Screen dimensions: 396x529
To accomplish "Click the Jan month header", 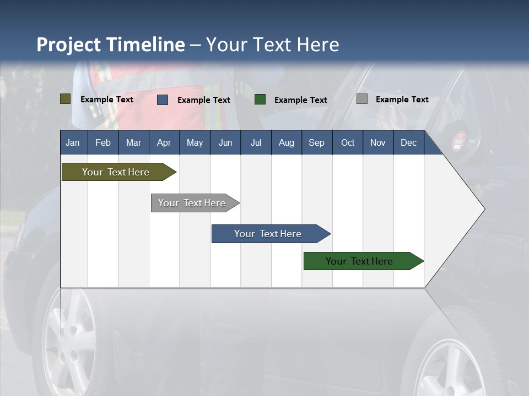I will (x=73, y=142).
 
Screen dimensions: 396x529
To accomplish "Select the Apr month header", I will (x=164, y=142).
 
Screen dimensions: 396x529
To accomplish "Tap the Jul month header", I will (x=256, y=142).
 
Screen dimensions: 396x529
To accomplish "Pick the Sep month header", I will (x=317, y=142).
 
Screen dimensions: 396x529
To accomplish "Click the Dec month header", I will (x=409, y=142).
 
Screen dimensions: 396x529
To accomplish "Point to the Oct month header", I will (x=348, y=142).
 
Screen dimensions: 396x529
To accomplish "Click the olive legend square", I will (x=66, y=99).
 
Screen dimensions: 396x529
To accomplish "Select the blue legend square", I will (x=163, y=100).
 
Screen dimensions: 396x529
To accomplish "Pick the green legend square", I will (x=260, y=100).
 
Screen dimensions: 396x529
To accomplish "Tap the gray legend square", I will (x=362, y=99).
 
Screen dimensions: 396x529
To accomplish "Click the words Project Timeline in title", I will (x=110, y=45).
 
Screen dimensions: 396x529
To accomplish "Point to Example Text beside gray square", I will (x=402, y=100).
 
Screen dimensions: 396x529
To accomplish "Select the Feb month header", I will (x=103, y=142).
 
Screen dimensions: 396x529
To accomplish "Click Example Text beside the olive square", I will (x=106, y=100).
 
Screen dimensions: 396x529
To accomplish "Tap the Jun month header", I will (x=225, y=142).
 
